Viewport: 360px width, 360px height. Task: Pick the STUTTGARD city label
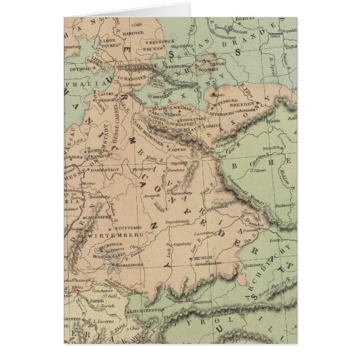tap(131, 228)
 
